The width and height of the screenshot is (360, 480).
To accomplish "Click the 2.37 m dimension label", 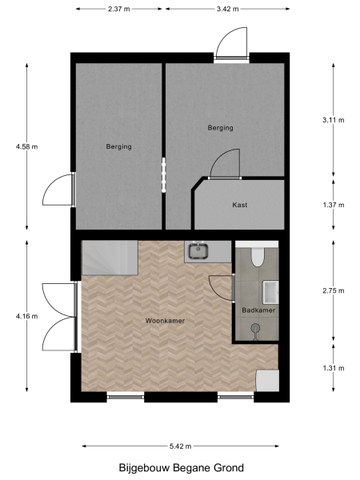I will tap(120, 9).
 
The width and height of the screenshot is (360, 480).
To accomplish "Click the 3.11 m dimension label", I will tap(333, 120).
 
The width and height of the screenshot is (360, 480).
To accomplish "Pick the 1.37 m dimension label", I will tap(333, 205).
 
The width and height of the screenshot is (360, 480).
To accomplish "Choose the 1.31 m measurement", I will tap(333, 369).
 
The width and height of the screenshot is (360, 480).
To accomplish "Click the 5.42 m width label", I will tap(180, 446).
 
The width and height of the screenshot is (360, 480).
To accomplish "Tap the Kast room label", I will tap(239, 205).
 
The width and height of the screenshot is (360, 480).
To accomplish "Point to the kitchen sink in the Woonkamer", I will tap(198, 252).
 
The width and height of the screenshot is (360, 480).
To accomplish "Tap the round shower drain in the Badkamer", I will tap(255, 326).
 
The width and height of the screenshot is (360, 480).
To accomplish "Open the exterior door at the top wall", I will tap(231, 44).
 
